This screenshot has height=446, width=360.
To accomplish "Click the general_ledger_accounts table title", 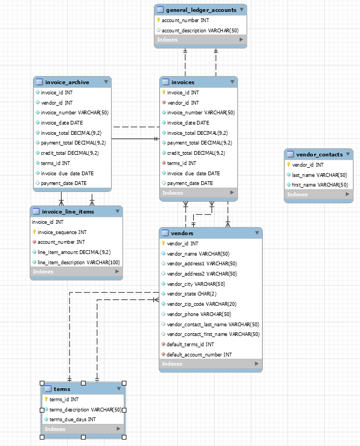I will click(193, 10).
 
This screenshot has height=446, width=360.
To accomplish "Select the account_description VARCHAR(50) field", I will click(200, 30).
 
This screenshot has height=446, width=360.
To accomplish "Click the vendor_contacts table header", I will click(319, 154).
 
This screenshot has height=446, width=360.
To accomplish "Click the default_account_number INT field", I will click(199, 354).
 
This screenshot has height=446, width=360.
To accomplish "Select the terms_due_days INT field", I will click(72, 419).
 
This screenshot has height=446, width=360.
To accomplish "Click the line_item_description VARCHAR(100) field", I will click(78, 262).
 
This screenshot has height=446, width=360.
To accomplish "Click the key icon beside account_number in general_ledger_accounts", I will click(159, 20).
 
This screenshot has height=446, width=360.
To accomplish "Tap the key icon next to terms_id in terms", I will click(46, 399).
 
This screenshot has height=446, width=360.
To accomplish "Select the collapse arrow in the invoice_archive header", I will click(106, 82).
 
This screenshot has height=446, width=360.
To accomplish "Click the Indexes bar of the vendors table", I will click(210, 364).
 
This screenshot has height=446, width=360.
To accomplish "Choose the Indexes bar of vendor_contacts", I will click(318, 195).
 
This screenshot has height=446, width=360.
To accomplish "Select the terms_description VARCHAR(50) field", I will click(85, 409).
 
